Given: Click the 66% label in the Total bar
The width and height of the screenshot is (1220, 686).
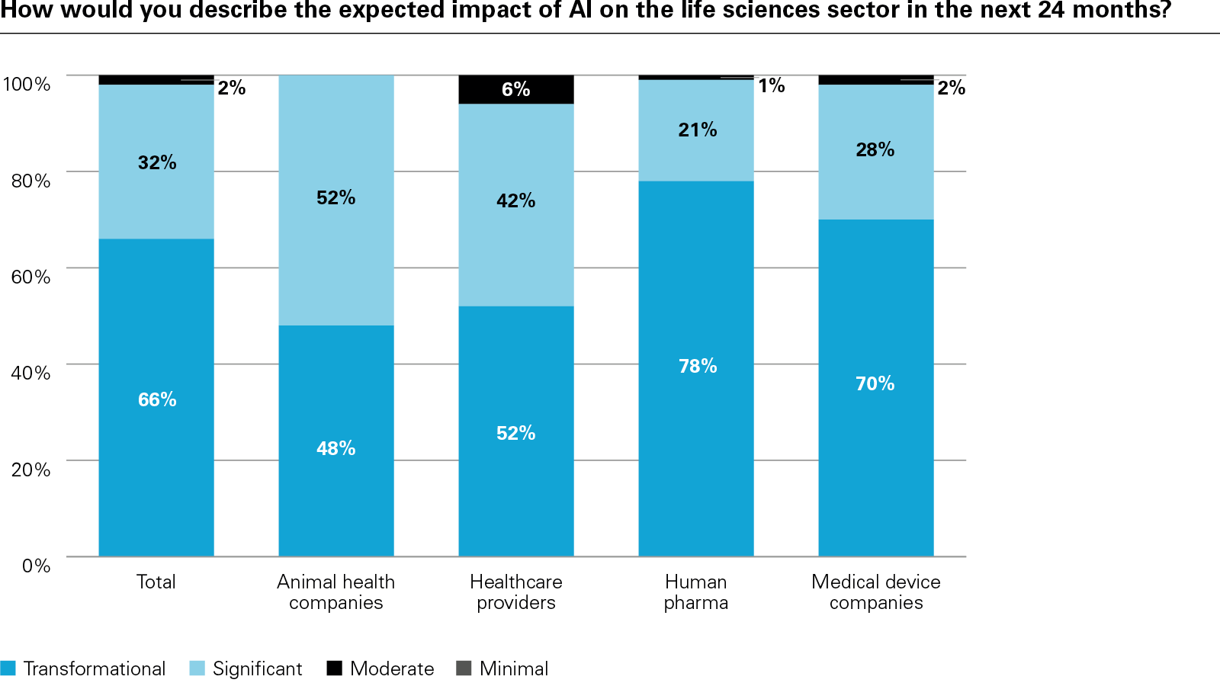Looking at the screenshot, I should click(x=157, y=399).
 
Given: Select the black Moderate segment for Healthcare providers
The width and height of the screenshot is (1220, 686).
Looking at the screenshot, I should click(x=515, y=89).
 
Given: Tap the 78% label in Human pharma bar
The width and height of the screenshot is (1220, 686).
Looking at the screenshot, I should click(x=698, y=366).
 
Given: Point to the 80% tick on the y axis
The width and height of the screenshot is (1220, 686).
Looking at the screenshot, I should click(x=30, y=181).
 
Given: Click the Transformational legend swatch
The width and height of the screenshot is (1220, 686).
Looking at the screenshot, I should click(x=8, y=668).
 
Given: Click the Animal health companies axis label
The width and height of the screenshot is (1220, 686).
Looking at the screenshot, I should click(x=335, y=592).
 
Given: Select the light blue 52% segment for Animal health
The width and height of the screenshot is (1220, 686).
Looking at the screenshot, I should click(x=335, y=229).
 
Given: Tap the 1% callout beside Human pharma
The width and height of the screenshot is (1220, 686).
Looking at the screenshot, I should click(x=771, y=85).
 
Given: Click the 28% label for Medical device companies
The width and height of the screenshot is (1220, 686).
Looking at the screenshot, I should click(x=875, y=149).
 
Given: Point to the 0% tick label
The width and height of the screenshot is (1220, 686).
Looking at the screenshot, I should click(x=36, y=566).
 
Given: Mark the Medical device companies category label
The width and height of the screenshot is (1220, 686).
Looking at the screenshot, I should click(x=875, y=592).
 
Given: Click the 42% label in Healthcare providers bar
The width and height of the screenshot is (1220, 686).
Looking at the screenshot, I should click(x=515, y=200).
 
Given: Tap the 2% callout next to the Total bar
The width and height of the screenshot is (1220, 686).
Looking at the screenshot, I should click(x=231, y=88).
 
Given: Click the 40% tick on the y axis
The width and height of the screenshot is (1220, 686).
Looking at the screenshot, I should click(x=30, y=373).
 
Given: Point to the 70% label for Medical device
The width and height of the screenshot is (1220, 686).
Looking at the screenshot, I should click(x=875, y=383).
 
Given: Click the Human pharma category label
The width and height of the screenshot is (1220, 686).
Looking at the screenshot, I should click(x=695, y=592).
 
